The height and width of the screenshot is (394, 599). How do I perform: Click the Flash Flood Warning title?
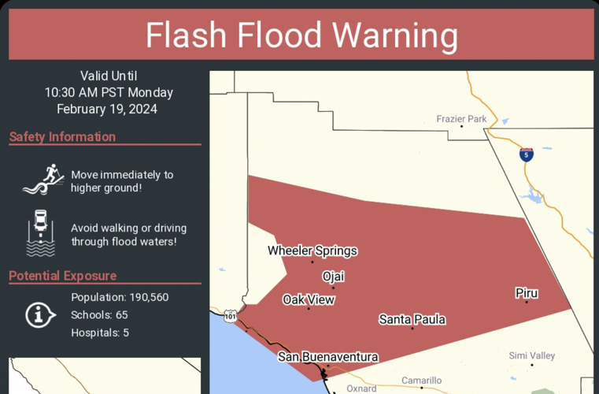pyautogui.click(x=301, y=36)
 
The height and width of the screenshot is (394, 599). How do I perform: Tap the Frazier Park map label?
pyautogui.click(x=461, y=119)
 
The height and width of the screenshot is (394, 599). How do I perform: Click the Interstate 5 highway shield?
pyautogui.click(x=527, y=154)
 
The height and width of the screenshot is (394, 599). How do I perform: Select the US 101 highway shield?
pyautogui.click(x=229, y=316)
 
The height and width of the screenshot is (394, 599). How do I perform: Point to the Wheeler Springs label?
pyautogui.click(x=312, y=251)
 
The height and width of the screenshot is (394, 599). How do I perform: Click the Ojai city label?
pyautogui.click(x=333, y=277)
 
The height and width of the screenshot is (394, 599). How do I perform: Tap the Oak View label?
pyautogui.click(x=309, y=299)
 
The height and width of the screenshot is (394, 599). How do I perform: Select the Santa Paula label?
pyautogui.click(x=412, y=319)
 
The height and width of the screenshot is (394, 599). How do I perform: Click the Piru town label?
pyautogui.click(x=527, y=293)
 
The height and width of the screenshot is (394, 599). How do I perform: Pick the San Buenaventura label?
pyautogui.click(x=327, y=357)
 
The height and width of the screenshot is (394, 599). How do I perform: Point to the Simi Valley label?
pyautogui.click(x=531, y=356)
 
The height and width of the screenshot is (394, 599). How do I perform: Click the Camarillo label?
pyautogui.click(x=421, y=381)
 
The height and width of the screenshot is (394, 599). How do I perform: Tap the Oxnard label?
pyautogui.click(x=361, y=388)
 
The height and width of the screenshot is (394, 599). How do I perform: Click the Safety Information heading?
pyautogui.click(x=63, y=137)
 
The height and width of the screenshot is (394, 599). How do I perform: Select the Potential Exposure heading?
pyautogui.click(x=63, y=276)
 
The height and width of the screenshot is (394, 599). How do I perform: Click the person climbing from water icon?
pyautogui.click(x=43, y=180)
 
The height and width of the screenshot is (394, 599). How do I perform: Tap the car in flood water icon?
pyautogui.click(x=41, y=233)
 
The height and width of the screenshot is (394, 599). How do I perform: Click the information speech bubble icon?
pyautogui.click(x=39, y=315)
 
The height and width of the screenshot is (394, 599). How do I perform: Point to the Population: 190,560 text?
pyautogui.click(x=120, y=297)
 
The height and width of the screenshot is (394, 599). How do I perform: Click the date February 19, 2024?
pyautogui.click(x=108, y=109)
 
